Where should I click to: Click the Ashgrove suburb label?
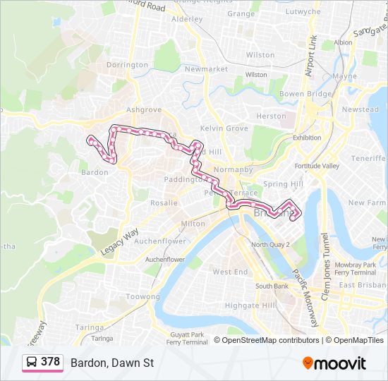click(143, 110)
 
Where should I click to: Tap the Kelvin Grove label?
click(224, 128)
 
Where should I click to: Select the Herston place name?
click(272, 116)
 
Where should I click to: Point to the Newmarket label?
click(206, 69)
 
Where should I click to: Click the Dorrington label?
click(127, 65)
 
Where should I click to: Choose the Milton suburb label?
click(193, 224)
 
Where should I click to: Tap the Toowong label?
click(143, 297)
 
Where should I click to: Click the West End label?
click(230, 272)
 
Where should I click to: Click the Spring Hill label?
click(277, 184)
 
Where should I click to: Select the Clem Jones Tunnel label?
click(325, 267)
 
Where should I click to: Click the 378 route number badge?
click(50, 362)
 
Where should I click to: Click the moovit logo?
click(334, 363)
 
